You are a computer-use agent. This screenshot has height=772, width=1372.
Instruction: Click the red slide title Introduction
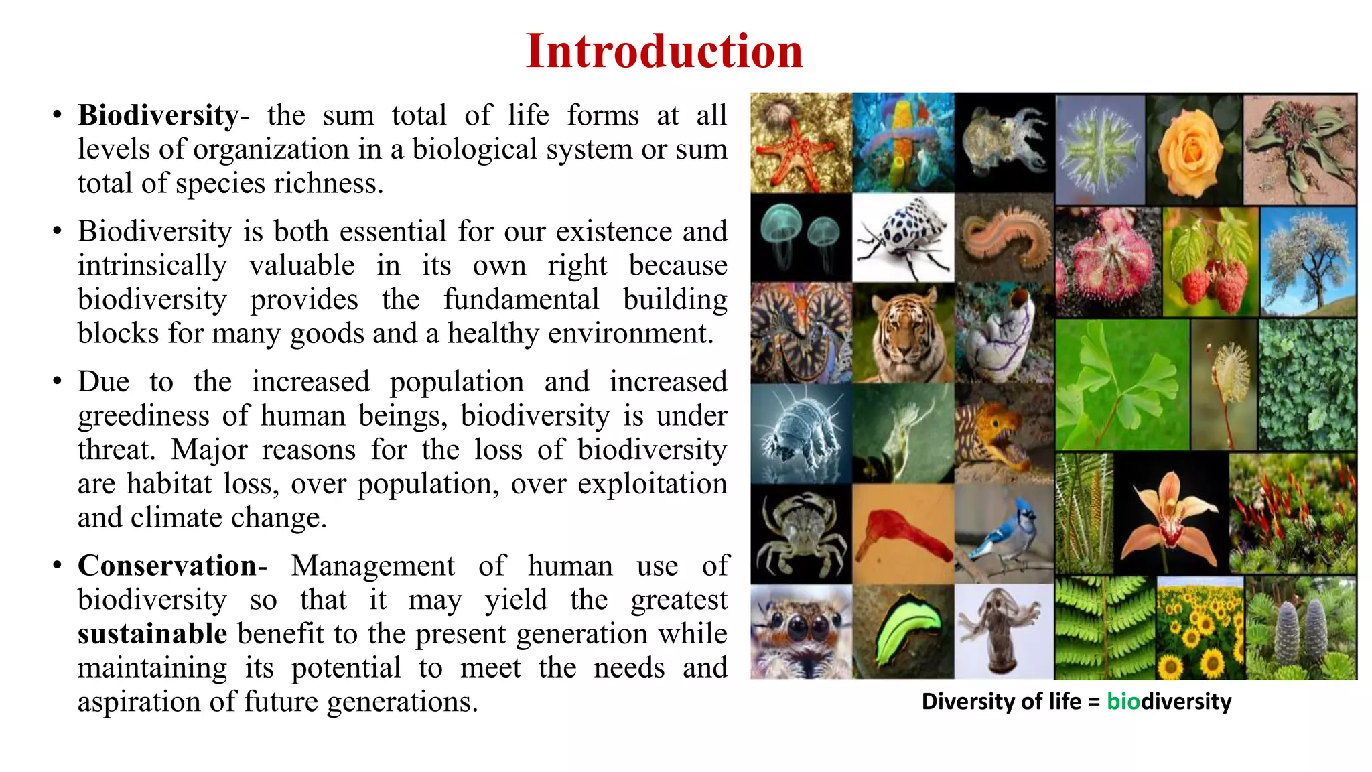pyautogui.click(x=664, y=51)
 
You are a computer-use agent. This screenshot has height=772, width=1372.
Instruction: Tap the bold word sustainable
pyautogui.click(x=153, y=634)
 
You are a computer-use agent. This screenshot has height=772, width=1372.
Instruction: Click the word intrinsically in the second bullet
pyautogui.click(x=152, y=266)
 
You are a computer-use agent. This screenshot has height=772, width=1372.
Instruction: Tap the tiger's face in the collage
pyautogui.click(x=903, y=333)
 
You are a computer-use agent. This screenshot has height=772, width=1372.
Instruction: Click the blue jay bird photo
pyautogui.click(x=1004, y=534)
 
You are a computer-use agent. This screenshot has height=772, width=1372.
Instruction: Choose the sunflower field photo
pyautogui.click(x=1200, y=629)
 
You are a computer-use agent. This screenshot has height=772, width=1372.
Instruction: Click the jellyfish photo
pyautogui.click(x=801, y=238)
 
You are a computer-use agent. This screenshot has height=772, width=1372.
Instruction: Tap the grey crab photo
pyautogui.click(x=801, y=534)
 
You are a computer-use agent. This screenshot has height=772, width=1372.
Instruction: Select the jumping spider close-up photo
pyautogui.click(x=801, y=631)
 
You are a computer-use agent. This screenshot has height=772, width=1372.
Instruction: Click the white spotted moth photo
pyautogui.click(x=903, y=238)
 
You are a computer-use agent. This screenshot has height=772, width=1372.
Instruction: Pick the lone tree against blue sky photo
pyautogui.click(x=1308, y=261)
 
